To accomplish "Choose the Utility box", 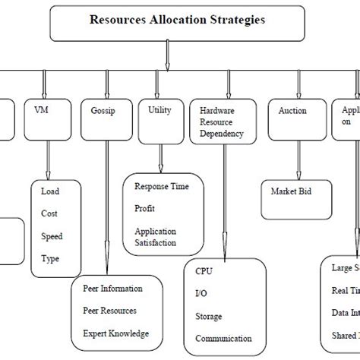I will (x=160, y=118).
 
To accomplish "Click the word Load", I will (x=49, y=192).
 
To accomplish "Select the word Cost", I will (x=49, y=214).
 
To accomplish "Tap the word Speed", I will (x=52, y=236).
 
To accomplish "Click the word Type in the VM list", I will (x=50, y=258).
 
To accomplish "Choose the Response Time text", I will (x=162, y=186).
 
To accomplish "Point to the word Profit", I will (x=146, y=207).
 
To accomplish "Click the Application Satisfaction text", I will (x=156, y=236).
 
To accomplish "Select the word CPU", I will (x=204, y=271).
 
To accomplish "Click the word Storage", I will (x=209, y=316).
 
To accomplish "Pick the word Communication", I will (x=223, y=339).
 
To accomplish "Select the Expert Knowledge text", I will (x=116, y=333).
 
